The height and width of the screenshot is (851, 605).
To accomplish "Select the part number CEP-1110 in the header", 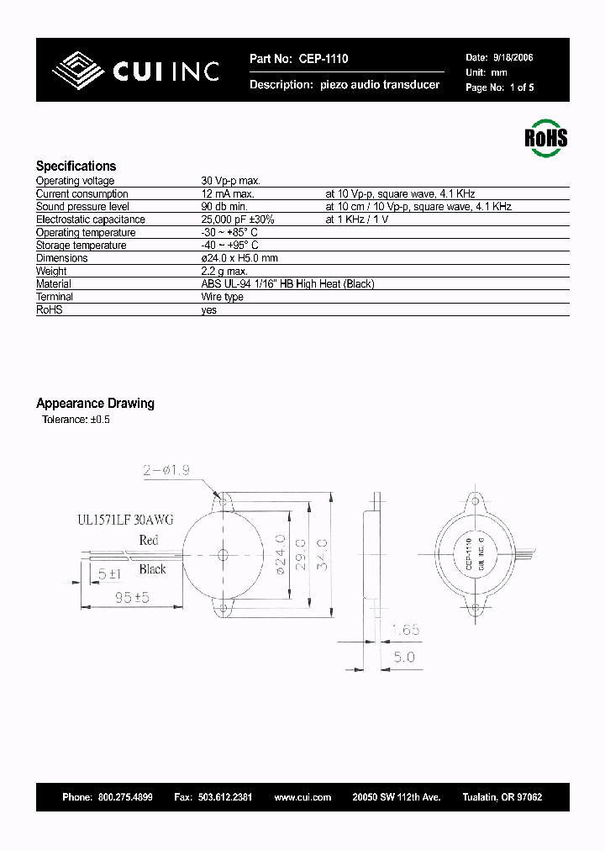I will click(322, 59).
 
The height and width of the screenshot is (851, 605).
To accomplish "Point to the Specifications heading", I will click(76, 166).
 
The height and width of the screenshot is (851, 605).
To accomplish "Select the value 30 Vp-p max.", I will click(231, 181).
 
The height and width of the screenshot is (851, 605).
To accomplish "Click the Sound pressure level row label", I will click(82, 207).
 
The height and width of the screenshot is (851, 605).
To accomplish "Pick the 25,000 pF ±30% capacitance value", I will click(238, 219).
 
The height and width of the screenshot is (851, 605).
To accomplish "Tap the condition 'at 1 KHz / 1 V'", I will click(357, 219).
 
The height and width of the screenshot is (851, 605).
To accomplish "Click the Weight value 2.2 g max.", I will click(224, 272).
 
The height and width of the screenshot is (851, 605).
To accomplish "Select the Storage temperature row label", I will click(81, 246).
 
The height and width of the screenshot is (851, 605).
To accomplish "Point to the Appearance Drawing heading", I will click(95, 404).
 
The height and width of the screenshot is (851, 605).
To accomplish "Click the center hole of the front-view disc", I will click(224, 554).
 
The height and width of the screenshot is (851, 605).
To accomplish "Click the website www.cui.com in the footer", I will click(302, 797).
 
